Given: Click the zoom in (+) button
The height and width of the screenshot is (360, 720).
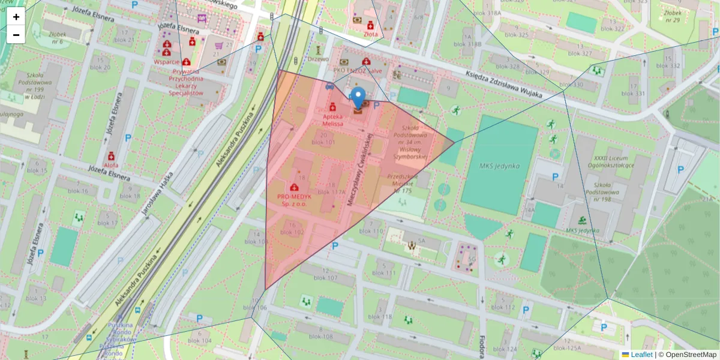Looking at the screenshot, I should (x=16, y=17).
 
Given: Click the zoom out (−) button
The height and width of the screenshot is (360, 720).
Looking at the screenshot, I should (x=16, y=35).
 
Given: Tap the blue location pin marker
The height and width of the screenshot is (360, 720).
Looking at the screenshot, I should (x=358, y=98).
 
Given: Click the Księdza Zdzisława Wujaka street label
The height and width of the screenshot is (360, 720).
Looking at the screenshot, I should (x=503, y=85).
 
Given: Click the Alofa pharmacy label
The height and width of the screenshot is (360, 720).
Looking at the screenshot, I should (x=111, y=164).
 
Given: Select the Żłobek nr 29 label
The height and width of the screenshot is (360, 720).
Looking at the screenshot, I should (x=672, y=16).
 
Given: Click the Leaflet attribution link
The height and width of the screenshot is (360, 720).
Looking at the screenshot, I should (x=641, y=355).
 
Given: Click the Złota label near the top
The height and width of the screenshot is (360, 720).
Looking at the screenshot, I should (x=371, y=35).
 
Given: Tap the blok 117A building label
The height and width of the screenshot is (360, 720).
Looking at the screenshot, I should (x=337, y=192).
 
